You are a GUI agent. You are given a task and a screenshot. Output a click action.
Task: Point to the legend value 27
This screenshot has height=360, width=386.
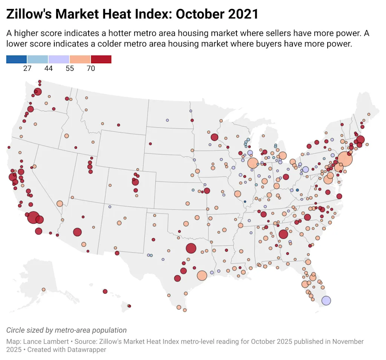click(27, 68)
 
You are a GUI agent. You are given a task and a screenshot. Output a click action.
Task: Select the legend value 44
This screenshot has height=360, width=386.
click(48, 68)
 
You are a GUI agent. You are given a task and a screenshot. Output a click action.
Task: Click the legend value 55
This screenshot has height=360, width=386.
click(69, 68)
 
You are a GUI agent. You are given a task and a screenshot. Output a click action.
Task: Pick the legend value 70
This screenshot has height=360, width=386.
click(90, 68)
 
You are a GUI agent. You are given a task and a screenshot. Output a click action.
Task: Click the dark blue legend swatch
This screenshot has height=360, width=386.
click(17, 59)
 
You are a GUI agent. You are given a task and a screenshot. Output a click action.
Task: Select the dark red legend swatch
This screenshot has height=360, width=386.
click(101, 59)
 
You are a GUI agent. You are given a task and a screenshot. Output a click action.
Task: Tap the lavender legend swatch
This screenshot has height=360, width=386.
click(59, 59)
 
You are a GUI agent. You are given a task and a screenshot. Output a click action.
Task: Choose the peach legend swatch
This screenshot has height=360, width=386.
click(80, 59)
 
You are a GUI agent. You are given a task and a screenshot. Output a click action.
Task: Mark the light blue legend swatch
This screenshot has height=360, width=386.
click(38, 59)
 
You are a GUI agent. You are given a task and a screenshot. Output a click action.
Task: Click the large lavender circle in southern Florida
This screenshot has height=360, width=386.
click(326, 301)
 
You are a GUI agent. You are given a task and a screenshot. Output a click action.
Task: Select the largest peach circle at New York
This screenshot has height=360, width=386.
click(345, 159)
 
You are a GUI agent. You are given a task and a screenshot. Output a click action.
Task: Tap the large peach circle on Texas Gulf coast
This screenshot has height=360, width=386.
click(202, 276)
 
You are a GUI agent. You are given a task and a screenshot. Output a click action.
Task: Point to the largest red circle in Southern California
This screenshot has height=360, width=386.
click(33, 217)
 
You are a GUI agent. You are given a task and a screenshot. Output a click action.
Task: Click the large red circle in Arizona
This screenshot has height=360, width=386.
click(77, 232)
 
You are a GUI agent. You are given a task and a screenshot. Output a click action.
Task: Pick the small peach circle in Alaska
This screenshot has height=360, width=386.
click(43, 289)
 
